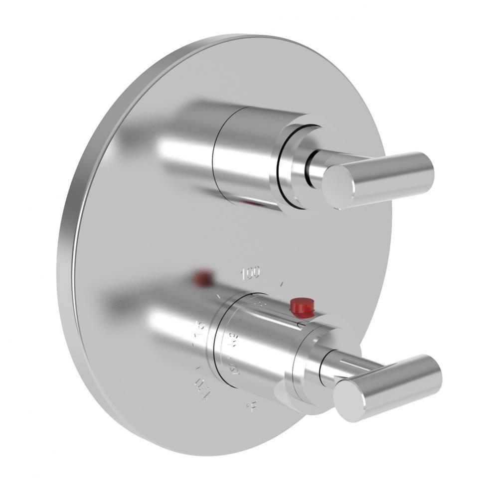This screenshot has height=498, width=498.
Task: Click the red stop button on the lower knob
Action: [302, 307]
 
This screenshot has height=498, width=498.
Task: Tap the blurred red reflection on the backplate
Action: [203, 278]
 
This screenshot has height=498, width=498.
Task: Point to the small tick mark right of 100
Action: [282, 284]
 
